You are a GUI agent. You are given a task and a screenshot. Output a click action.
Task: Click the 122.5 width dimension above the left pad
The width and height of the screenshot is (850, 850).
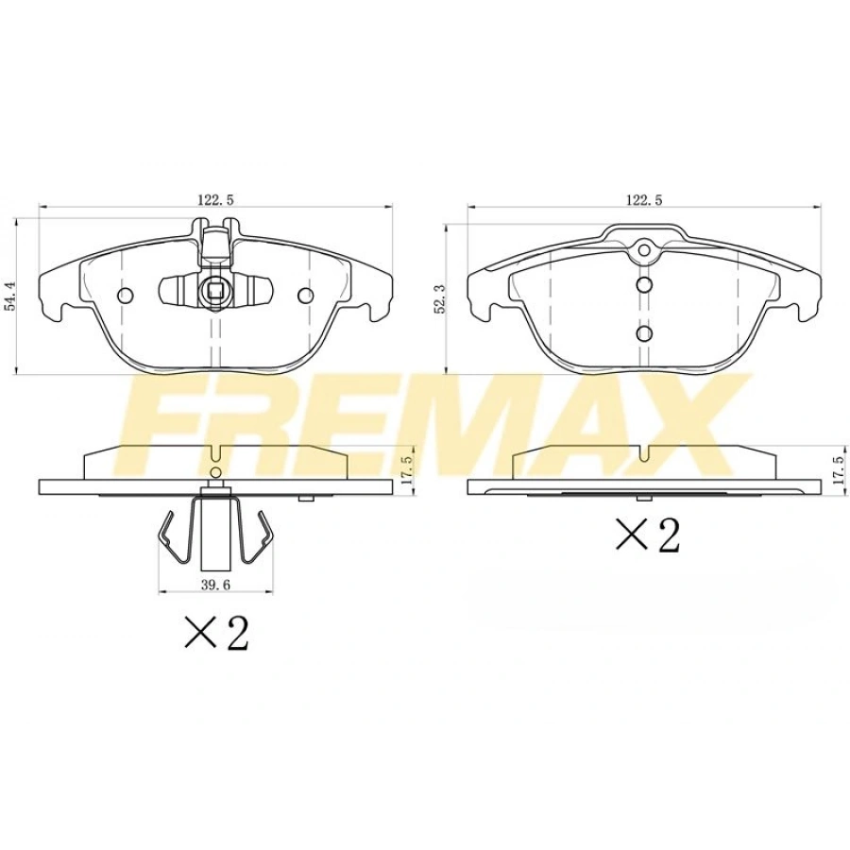pyautogui.click(x=215, y=200)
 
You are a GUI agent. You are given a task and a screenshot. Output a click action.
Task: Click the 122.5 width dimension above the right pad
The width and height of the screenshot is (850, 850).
pyautogui.click(x=644, y=200)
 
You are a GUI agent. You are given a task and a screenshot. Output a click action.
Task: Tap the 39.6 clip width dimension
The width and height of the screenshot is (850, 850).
pyautogui.click(x=215, y=586)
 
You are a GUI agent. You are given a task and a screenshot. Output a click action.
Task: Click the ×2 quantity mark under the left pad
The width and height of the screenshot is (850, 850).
pyautogui.click(x=216, y=633)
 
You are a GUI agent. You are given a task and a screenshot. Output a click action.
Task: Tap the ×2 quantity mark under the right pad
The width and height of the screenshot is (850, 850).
pyautogui.click(x=648, y=535)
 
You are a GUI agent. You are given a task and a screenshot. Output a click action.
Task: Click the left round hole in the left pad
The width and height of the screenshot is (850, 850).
pyautogui.click(x=126, y=296)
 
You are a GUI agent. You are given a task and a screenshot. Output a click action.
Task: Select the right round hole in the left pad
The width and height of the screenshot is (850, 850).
pyautogui.click(x=304, y=296)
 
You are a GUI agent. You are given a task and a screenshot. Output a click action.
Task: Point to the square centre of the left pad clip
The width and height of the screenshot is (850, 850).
pyautogui.click(x=215, y=291)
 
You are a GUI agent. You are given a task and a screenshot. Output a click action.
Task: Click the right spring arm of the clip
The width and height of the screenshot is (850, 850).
pyautogui.click(x=261, y=538)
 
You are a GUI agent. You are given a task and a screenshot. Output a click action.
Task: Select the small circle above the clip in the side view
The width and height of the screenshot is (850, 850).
pyautogui.click(x=215, y=471)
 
